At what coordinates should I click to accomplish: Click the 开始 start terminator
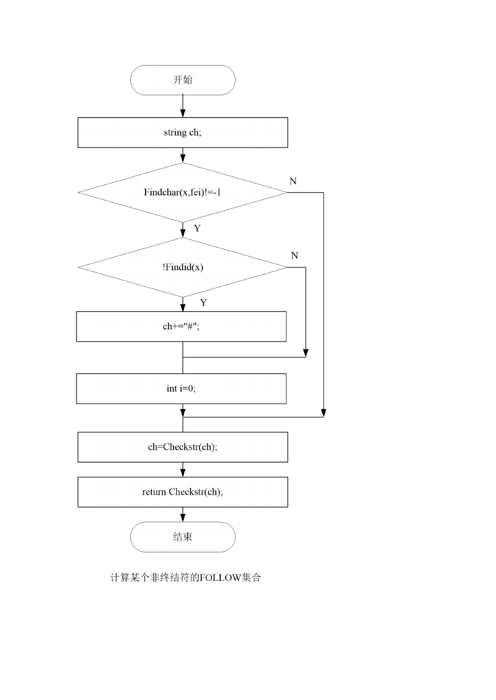[183, 80]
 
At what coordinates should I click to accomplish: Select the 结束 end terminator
[183, 537]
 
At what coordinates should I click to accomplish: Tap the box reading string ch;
[183, 132]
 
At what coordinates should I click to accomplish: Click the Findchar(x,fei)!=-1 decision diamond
[183, 193]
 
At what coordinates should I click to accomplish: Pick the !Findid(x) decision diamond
[183, 267]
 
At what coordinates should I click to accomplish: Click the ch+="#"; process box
[181, 327]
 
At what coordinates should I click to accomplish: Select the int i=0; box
[181, 389]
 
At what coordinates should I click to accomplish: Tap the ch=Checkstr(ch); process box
[183, 447]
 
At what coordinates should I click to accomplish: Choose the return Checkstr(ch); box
[183, 492]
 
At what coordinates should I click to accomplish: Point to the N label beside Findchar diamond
[293, 181]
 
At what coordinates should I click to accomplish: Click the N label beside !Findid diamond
[295, 255]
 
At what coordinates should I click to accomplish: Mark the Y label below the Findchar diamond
[197, 229]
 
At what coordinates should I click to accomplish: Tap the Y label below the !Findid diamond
[203, 303]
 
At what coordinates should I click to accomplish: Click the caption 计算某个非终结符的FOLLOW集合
[186, 577]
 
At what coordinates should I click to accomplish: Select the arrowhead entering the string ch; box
[183, 113]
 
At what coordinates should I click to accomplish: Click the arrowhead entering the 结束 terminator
[183, 518]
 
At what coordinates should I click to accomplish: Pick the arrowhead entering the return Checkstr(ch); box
[183, 473]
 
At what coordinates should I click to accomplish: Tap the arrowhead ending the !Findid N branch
[306, 353]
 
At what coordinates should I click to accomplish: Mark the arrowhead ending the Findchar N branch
[324, 413]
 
